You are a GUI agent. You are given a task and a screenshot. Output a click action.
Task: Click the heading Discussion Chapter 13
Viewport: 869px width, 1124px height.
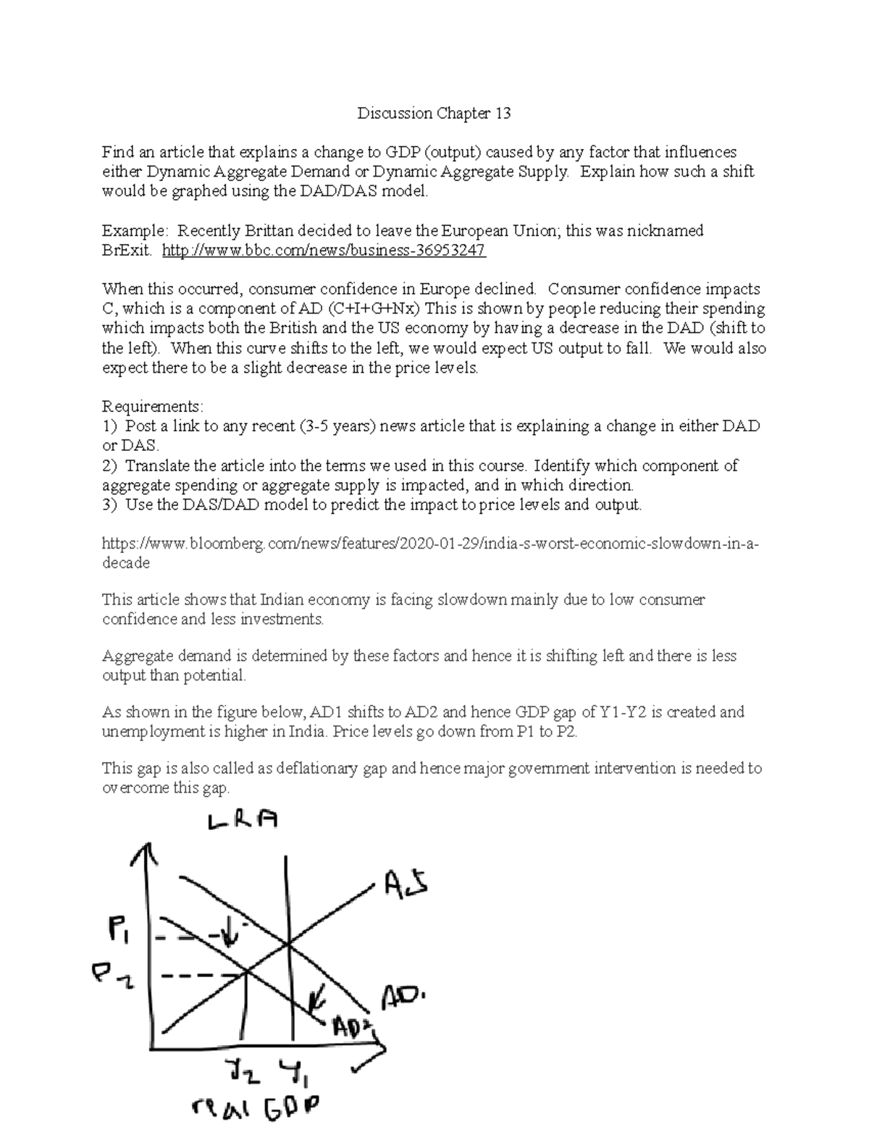(434, 114)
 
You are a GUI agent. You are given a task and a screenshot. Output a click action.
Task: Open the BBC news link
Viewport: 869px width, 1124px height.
(324, 250)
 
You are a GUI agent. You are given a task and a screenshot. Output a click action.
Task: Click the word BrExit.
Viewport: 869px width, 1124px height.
(127, 250)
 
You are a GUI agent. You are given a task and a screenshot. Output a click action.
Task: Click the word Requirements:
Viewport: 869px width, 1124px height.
(153, 406)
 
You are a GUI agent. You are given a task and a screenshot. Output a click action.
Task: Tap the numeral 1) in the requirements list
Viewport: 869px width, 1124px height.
(109, 426)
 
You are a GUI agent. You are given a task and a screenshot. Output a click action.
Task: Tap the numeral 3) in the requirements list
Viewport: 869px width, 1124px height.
(109, 504)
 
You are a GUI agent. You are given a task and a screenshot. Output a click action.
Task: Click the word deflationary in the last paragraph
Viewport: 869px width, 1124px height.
(316, 768)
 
